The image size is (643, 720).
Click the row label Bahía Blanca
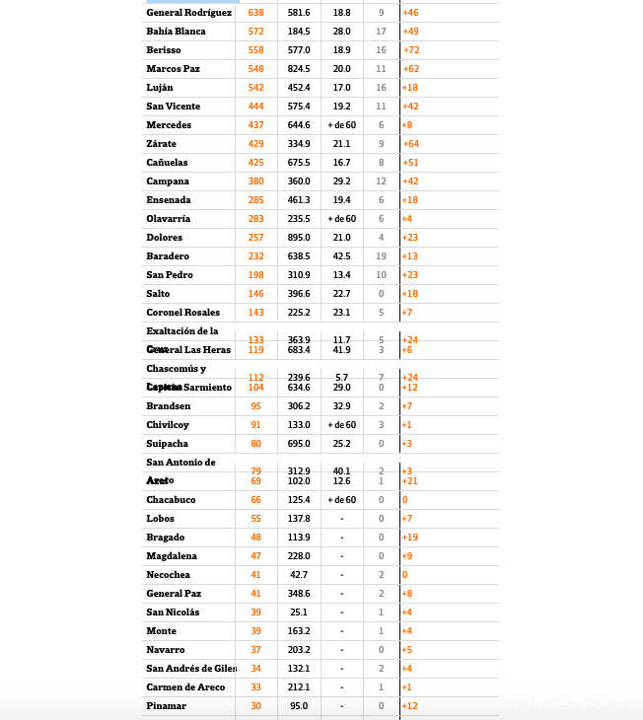(176, 32)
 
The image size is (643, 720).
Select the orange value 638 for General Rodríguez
(255, 13)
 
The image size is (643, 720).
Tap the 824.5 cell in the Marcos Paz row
(299, 69)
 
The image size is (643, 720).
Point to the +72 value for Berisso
(410, 50)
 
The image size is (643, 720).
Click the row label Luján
(160, 88)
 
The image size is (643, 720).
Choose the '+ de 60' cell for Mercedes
(341, 125)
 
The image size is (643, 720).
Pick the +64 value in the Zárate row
(410, 144)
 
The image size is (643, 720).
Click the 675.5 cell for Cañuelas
(299, 163)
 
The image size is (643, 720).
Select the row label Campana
(168, 181)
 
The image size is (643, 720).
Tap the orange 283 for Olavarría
(255, 219)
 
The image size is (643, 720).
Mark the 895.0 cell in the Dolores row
(299, 238)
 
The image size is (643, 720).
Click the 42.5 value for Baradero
(341, 256)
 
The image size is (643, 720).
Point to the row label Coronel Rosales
(182, 313)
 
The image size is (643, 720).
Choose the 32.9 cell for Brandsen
(341, 406)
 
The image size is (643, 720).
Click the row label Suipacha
(168, 444)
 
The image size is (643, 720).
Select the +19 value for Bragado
(410, 538)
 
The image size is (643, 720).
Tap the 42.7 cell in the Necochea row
(299, 575)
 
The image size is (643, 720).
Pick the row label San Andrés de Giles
(191, 669)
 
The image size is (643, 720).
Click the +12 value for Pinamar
(410, 706)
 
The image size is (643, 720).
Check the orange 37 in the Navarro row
(255, 650)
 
